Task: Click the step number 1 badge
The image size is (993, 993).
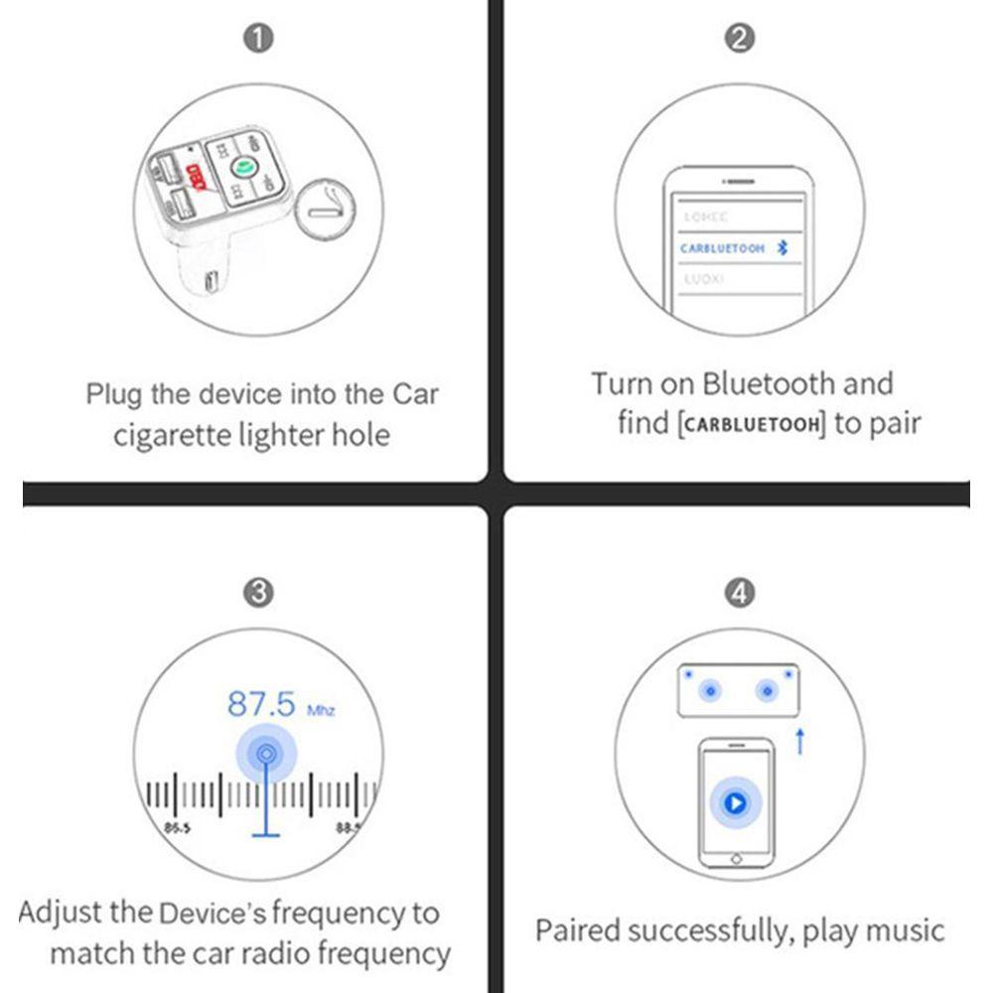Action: (259, 39)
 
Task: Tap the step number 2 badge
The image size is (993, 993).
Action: (741, 39)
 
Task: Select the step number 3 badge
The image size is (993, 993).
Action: (259, 593)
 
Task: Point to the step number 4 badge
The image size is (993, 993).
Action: (741, 593)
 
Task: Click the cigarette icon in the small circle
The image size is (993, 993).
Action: (326, 210)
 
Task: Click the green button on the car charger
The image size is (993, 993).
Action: (241, 168)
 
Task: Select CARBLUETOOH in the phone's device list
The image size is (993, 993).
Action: (722, 248)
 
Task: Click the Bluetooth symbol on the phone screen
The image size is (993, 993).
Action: (781, 248)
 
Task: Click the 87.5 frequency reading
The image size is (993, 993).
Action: (262, 704)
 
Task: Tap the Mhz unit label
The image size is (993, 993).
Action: (321, 711)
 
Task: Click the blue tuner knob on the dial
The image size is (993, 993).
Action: (265, 756)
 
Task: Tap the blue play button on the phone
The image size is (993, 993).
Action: (735, 802)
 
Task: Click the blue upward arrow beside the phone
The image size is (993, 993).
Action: (799, 741)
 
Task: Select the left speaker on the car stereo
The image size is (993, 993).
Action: (710, 690)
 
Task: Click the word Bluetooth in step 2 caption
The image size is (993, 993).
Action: (770, 383)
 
